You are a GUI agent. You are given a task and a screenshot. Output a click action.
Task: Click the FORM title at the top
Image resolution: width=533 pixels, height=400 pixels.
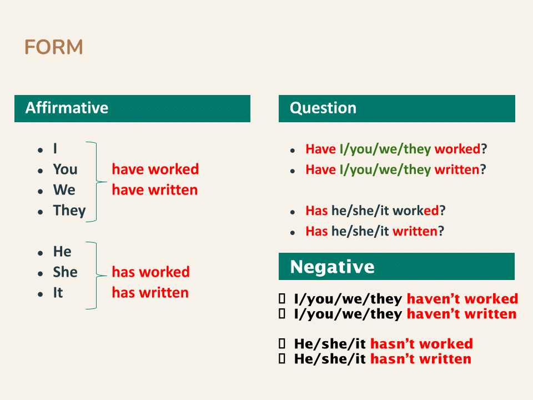[54, 48]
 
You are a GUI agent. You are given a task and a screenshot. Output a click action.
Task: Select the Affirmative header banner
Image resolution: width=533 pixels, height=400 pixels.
[132, 108]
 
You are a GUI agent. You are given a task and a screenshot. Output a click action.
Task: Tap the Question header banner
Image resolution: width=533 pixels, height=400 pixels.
[396, 108]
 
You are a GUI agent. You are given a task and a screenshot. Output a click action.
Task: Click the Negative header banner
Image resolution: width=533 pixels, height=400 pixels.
[396, 267]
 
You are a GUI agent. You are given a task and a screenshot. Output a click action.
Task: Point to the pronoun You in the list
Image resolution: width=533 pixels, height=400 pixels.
[65, 169]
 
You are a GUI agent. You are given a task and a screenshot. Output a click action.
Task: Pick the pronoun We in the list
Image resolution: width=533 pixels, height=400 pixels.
[64, 190]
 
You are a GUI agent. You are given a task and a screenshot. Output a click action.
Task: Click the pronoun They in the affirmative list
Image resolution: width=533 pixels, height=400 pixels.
[69, 211]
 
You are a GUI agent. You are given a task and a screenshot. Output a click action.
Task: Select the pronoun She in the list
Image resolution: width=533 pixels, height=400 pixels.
[65, 272]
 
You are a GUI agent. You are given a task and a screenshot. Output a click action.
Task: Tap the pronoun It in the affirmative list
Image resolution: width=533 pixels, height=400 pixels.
[58, 293]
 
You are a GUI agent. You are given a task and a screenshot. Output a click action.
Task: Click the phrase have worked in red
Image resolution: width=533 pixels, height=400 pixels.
[155, 169]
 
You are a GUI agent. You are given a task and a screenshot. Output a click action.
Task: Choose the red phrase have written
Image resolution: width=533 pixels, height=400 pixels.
[154, 190]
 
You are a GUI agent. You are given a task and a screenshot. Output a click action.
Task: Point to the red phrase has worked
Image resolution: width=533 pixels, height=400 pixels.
[150, 272]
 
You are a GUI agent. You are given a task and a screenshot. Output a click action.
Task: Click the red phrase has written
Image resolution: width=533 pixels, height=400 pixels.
[150, 293]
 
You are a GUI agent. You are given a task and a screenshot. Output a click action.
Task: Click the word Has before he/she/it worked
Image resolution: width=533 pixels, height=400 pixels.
[316, 211]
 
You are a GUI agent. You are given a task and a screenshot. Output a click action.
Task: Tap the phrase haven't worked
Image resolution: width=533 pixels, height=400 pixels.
[462, 299]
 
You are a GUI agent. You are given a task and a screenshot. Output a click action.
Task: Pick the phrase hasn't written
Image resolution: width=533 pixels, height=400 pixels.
[420, 359]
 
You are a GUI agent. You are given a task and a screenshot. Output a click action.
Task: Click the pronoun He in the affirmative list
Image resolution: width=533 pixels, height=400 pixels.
[62, 252]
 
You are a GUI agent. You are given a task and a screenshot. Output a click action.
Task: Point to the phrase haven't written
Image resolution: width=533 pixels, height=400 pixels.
[461, 314]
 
